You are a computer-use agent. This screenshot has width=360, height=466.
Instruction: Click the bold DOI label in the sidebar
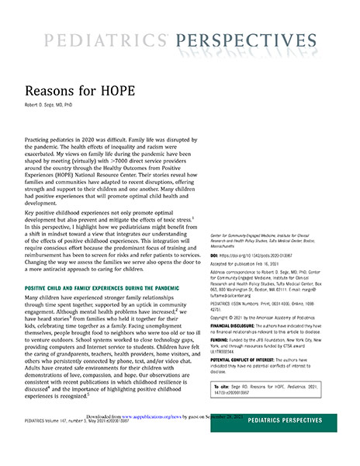tap(216, 255)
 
